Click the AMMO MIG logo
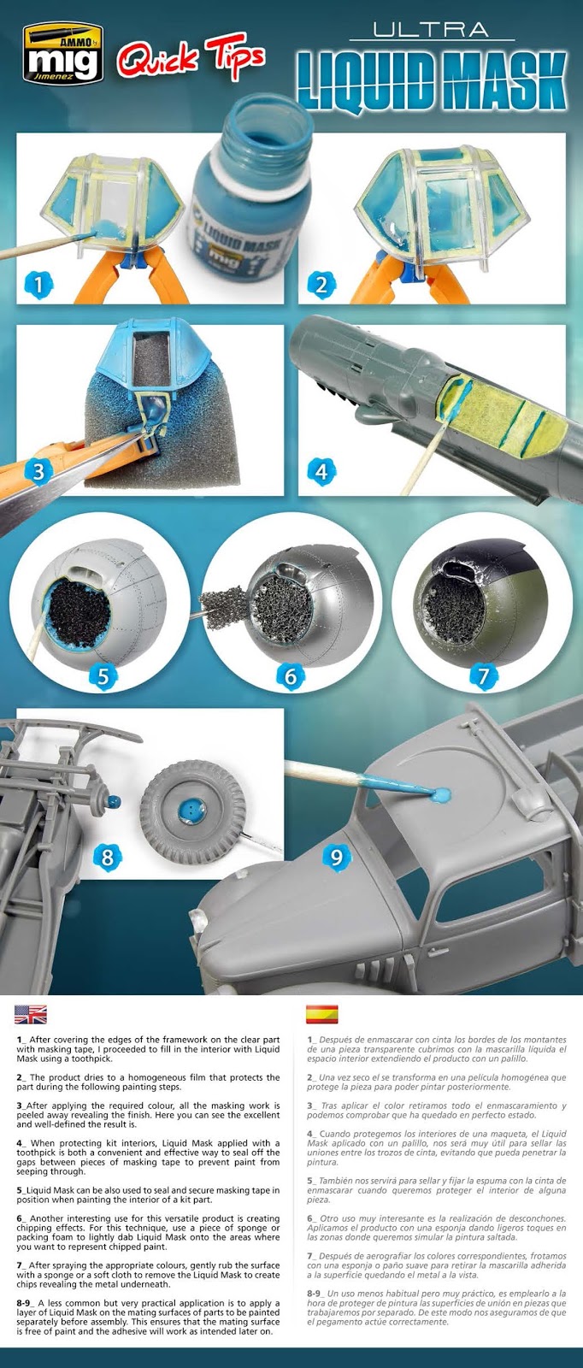click(x=62, y=53)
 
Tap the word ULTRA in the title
click(x=431, y=29)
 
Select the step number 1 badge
click(x=38, y=284)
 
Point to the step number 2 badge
click(x=321, y=284)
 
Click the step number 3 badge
click(x=38, y=471)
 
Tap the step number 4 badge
click(x=321, y=471)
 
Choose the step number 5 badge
click(x=103, y=676)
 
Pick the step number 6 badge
click(x=291, y=676)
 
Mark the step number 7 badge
click(x=484, y=676)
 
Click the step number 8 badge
click(x=108, y=857)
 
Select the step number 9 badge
click(x=336, y=857)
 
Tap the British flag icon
click(x=31, y=1014)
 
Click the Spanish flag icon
click(x=321, y=1014)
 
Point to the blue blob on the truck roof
click(x=441, y=794)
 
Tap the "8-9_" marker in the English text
click(x=26, y=1303)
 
